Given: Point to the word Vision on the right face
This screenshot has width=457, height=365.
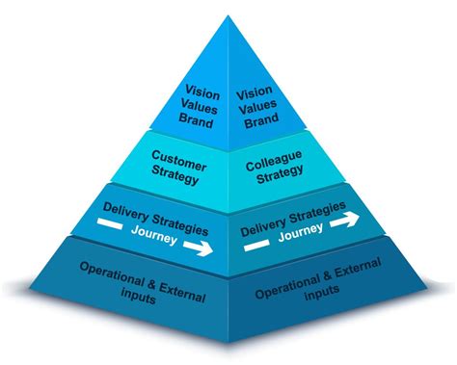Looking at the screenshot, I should [x=254, y=92].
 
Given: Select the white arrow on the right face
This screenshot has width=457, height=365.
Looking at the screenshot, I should [x=344, y=220].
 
